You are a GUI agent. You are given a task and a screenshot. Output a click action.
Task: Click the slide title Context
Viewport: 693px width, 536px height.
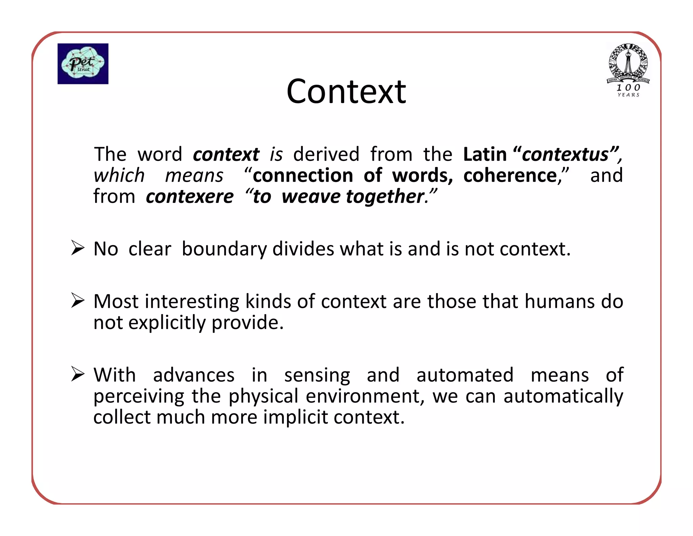[346, 91]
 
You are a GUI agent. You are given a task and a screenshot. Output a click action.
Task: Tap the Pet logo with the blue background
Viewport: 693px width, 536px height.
[83, 64]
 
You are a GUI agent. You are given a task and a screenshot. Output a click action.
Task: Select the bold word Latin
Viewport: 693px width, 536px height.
[485, 154]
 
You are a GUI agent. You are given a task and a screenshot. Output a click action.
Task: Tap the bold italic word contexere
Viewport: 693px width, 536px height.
[190, 197]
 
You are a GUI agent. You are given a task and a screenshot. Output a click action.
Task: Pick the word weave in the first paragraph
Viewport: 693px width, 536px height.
[311, 197]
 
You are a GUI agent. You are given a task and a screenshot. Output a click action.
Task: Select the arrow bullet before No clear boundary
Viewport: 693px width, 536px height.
[78, 248]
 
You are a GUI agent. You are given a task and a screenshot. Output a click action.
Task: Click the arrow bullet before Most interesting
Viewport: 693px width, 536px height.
[78, 301]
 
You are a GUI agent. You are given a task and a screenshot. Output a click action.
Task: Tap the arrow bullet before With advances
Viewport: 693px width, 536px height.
[78, 374]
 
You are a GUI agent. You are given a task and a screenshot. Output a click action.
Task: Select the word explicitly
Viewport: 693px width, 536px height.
[167, 323]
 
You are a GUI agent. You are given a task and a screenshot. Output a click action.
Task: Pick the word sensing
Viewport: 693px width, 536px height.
[317, 375]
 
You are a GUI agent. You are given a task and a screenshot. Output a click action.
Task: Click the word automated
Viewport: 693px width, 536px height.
[465, 375]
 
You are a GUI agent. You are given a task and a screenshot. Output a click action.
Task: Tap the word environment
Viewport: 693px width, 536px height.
[363, 396]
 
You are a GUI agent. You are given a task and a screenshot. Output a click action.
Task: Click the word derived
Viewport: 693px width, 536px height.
[326, 154]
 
